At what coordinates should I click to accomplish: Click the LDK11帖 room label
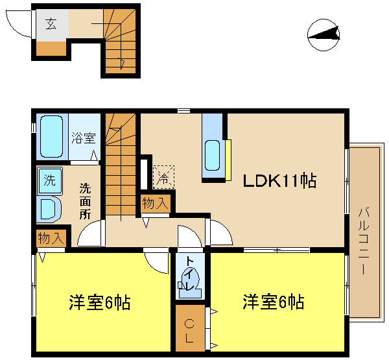pyautogui.click(x=279, y=181)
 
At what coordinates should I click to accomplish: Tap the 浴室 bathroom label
pyautogui.click(x=83, y=138)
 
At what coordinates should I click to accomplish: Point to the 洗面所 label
pyautogui.click(x=85, y=202)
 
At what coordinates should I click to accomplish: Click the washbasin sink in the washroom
pyautogui.click(x=48, y=208)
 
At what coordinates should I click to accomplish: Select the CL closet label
pyautogui.click(x=189, y=330)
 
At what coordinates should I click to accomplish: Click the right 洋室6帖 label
pyautogui.click(x=274, y=302)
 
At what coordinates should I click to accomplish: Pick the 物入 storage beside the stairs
pyautogui.click(x=156, y=204)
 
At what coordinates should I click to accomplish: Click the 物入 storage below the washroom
pyautogui.click(x=51, y=237)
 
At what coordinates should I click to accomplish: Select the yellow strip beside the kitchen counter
pyautogui.click(x=228, y=159)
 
